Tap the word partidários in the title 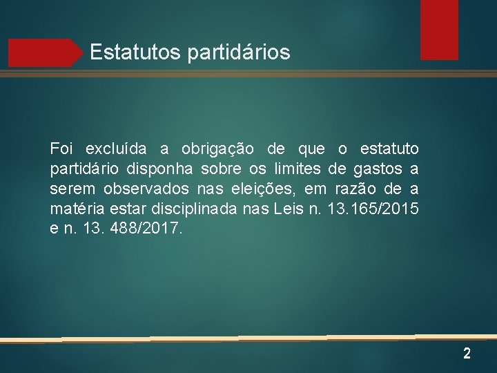[x=239, y=52]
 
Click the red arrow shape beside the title [x=45, y=52]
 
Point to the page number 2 [x=467, y=354]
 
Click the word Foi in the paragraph [x=61, y=149]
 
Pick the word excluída [x=115, y=149]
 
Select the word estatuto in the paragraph [x=389, y=149]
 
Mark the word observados [x=145, y=189]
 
